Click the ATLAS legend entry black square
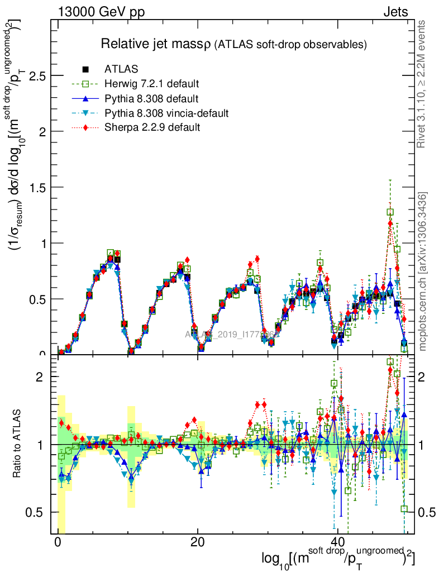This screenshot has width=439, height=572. (x=86, y=69)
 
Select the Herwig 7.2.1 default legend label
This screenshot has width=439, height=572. (x=152, y=84)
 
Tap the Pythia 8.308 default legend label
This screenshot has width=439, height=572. (x=151, y=99)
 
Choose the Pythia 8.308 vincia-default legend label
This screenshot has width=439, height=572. (x=166, y=113)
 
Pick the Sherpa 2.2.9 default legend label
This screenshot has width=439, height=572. (x=152, y=128)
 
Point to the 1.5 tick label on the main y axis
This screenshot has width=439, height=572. (x=37, y=187)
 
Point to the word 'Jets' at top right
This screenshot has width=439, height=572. (x=395, y=12)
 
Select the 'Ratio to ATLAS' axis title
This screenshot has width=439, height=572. (x=17, y=444)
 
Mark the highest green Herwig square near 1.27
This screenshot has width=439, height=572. (x=390, y=212)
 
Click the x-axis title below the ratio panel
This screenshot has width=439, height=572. (x=338, y=559)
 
